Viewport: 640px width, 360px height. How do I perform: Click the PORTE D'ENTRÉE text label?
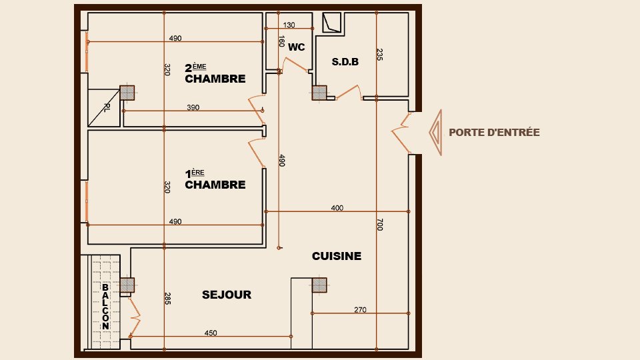pyautogui.click(x=494, y=133)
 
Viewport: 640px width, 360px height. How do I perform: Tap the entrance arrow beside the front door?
pyautogui.click(x=435, y=133)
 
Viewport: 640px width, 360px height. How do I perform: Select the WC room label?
pyautogui.click(x=296, y=47)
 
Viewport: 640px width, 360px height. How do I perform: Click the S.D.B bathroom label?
pyautogui.click(x=345, y=62)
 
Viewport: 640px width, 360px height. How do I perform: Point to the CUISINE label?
pyautogui.click(x=337, y=255)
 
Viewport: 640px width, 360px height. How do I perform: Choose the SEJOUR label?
pyautogui.click(x=227, y=295)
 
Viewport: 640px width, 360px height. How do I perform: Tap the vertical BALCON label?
pyautogui.click(x=105, y=307)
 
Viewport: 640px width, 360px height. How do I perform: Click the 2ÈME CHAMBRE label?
pyautogui.click(x=215, y=74)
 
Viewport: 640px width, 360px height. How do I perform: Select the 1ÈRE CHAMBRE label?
pyautogui.click(x=215, y=180)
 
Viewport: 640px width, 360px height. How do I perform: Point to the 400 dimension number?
pyautogui.click(x=337, y=208)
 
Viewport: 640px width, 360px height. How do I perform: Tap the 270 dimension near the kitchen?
pyautogui.click(x=360, y=309)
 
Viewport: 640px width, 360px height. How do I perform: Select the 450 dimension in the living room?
pyautogui.click(x=211, y=333)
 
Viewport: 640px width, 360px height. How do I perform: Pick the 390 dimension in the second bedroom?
pyautogui.click(x=193, y=107)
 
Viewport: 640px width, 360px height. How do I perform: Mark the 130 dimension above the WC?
pyautogui.click(x=289, y=25)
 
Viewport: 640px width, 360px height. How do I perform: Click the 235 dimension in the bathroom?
pyautogui.click(x=379, y=55)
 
